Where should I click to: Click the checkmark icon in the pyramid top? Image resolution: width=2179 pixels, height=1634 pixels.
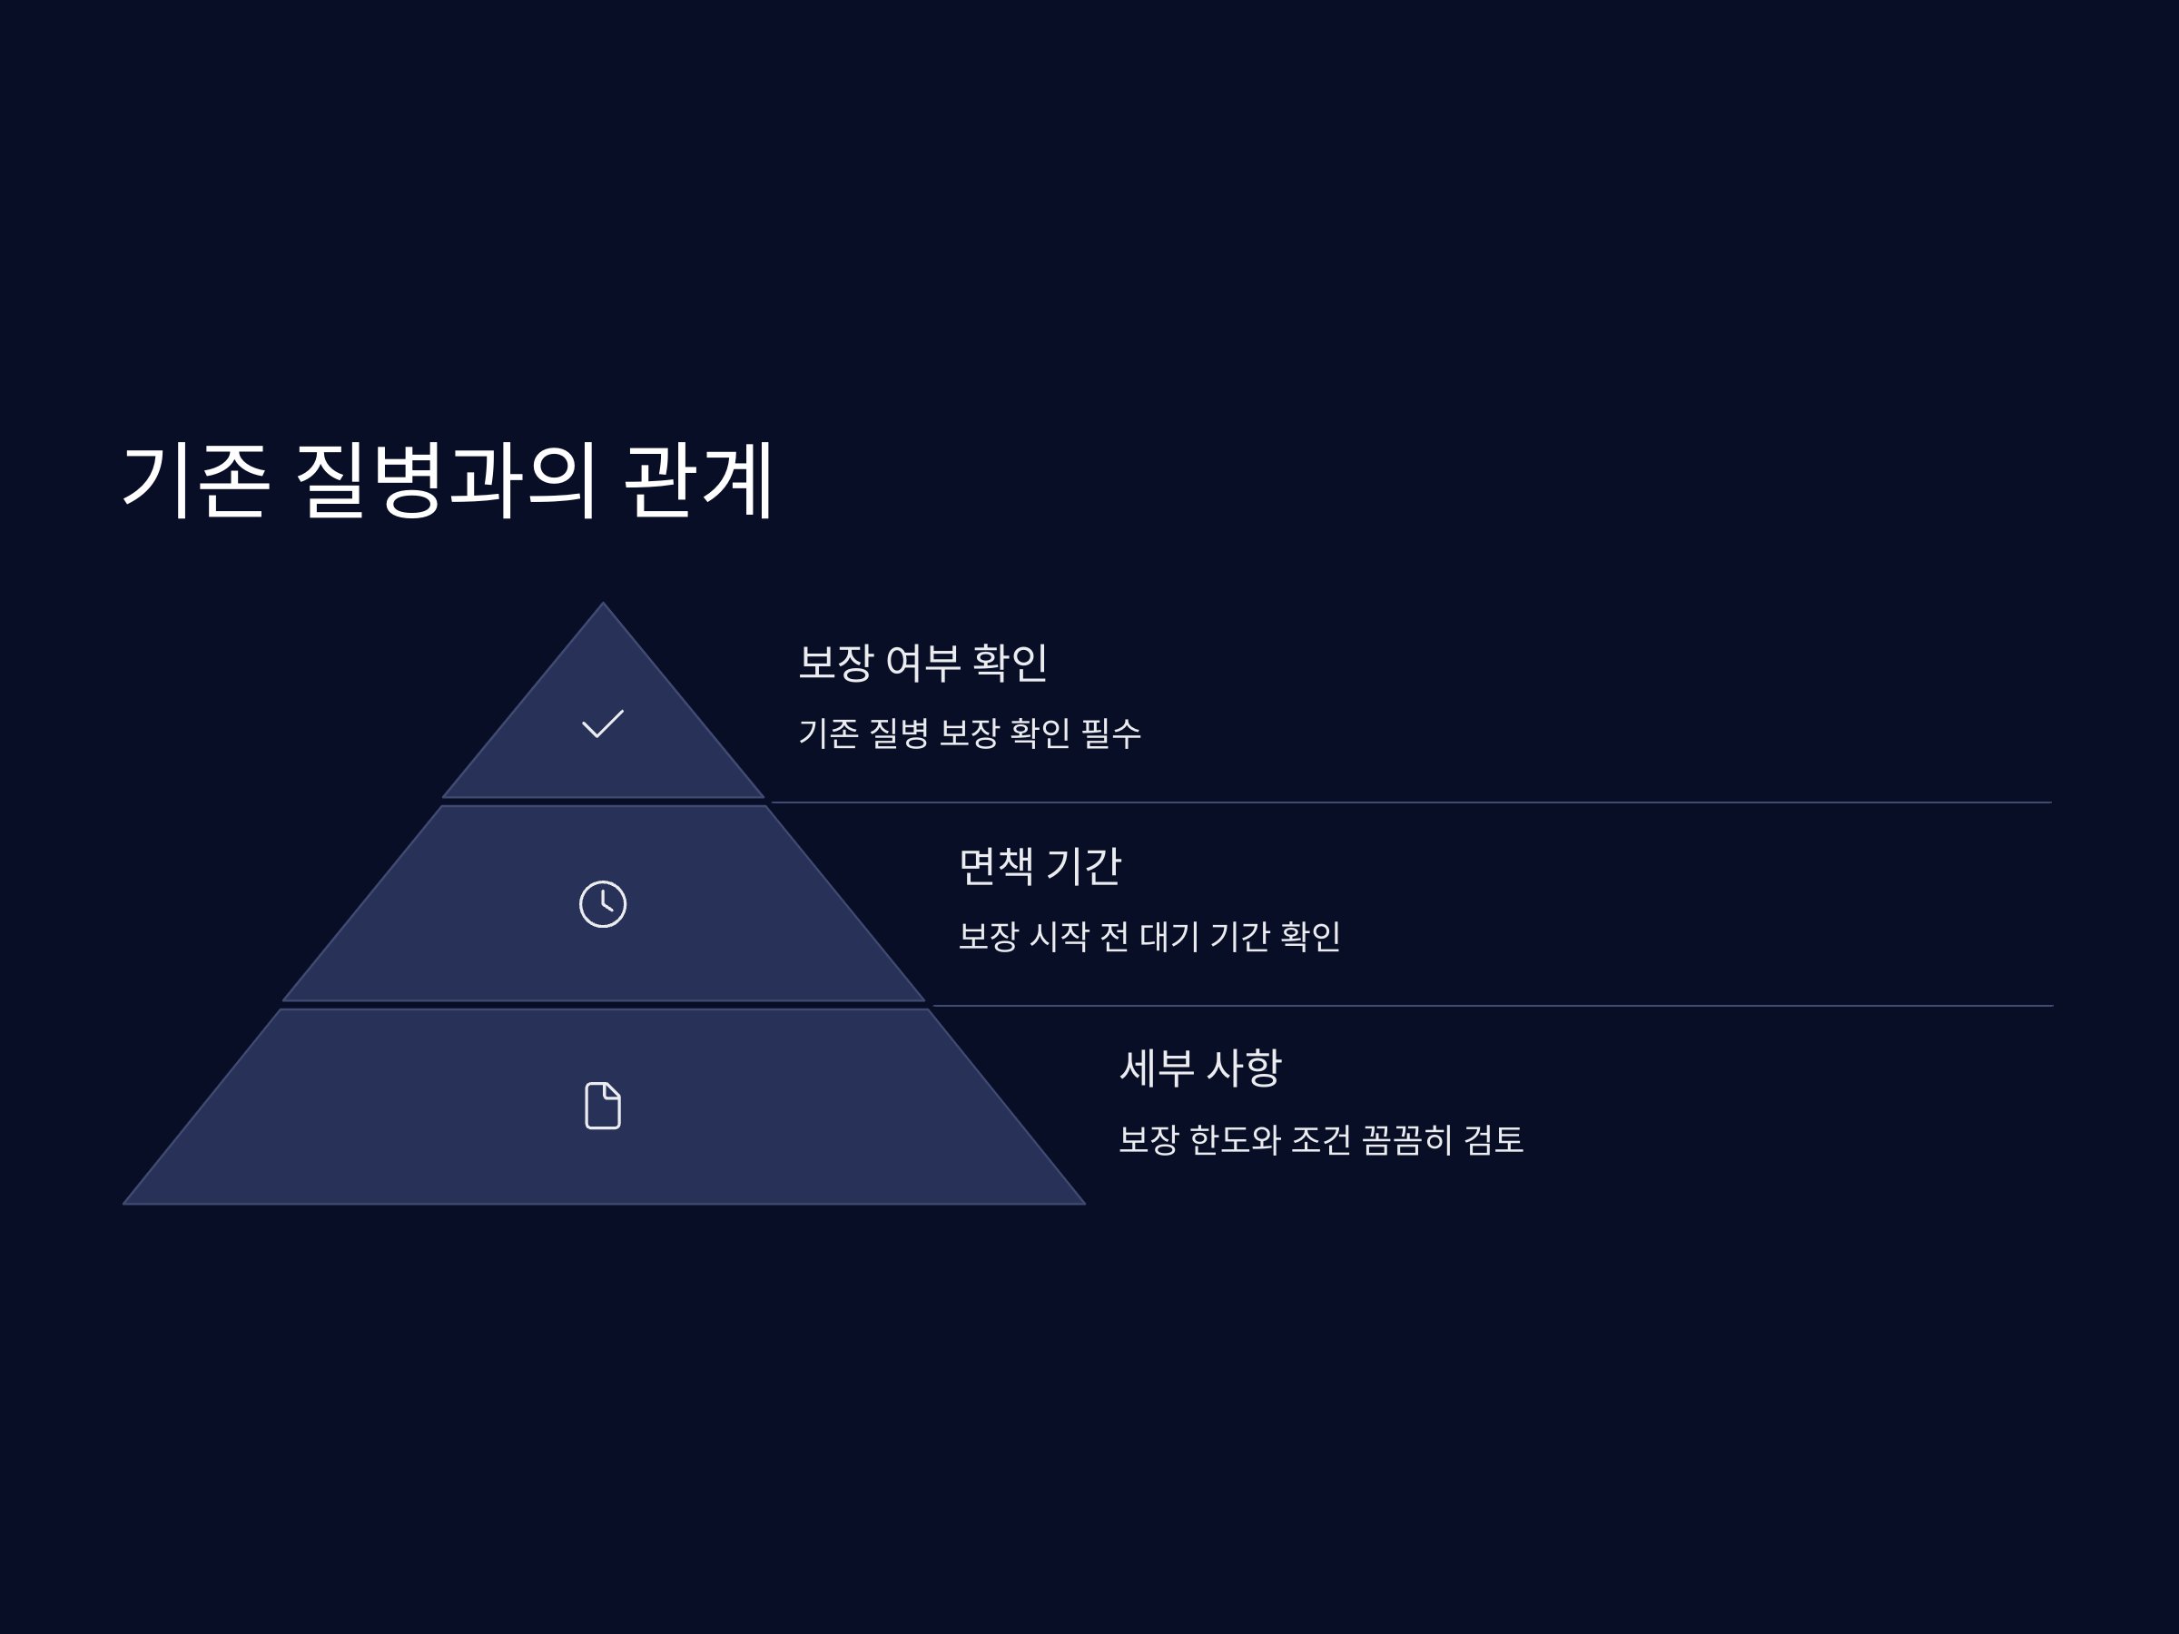602,723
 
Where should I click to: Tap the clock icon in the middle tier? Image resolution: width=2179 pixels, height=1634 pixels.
602,904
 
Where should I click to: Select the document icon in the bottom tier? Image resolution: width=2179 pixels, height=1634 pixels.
602,1105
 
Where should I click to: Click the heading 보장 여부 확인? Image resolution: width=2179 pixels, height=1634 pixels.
922,663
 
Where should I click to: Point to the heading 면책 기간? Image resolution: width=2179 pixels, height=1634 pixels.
1040,866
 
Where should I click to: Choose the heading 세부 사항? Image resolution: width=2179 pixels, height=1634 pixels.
1200,1068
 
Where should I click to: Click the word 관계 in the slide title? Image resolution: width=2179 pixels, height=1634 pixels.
698,480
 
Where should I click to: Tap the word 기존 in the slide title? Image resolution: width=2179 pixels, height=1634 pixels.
195,480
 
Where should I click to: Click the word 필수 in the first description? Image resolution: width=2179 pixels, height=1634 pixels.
1111,733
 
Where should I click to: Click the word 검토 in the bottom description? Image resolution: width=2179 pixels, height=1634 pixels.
1494,1139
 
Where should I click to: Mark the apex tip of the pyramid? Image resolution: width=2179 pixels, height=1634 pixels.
603,605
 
